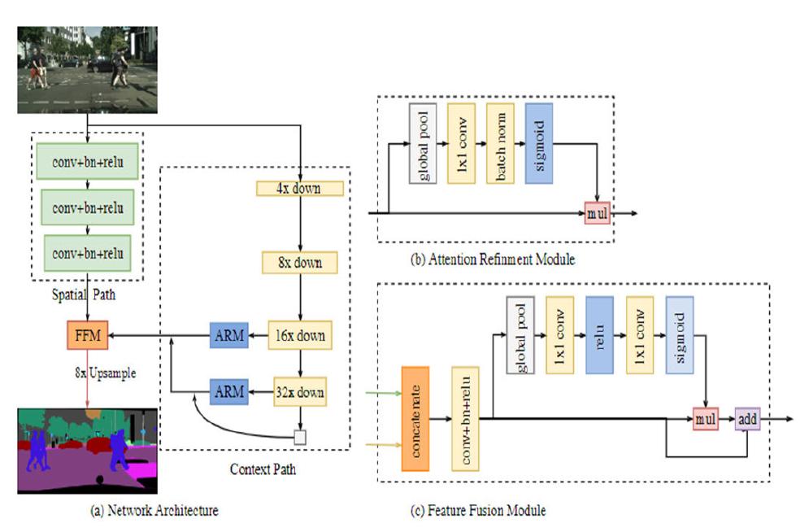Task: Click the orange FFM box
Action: tap(88, 335)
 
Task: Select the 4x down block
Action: tap(300, 189)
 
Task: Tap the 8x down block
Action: tap(299, 263)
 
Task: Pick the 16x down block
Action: tap(301, 335)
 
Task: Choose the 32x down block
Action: tap(301, 393)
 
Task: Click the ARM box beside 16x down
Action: tap(228, 335)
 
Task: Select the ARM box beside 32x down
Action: tap(228, 393)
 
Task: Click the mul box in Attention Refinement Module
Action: tap(598, 214)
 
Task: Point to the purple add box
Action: tap(747, 419)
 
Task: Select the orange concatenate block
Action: tap(420, 418)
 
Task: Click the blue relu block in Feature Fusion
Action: tap(598, 334)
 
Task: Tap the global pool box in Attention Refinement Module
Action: tap(423, 142)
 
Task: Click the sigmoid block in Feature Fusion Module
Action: tap(679, 334)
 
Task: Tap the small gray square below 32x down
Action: tap(300, 437)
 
